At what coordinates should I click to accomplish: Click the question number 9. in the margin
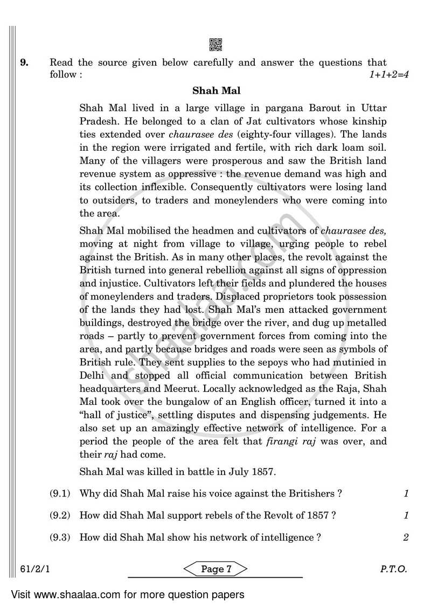click(x=25, y=63)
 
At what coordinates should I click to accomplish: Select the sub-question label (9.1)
click(x=60, y=493)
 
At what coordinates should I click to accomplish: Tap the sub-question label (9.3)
click(x=60, y=537)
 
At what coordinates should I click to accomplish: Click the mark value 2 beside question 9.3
click(x=406, y=537)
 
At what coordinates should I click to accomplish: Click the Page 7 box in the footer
click(x=215, y=569)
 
